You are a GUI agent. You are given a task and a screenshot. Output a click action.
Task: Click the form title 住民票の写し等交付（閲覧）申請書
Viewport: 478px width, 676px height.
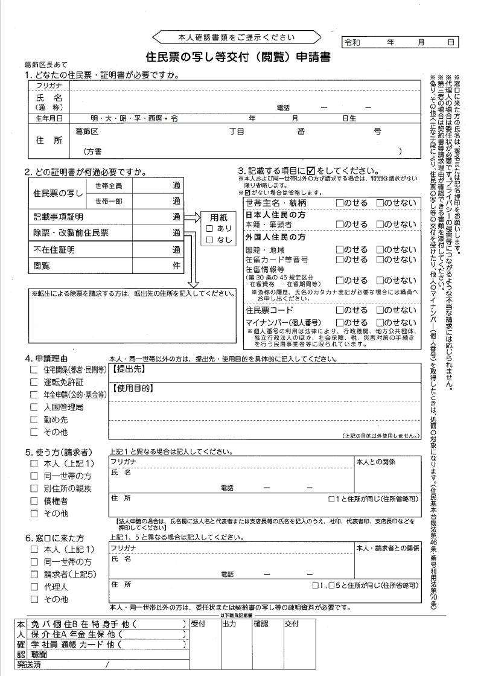point(238,57)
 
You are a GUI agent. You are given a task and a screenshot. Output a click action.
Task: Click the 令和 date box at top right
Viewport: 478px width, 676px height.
point(400,42)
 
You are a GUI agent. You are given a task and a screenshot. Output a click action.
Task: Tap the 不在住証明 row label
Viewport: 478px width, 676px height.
point(54,249)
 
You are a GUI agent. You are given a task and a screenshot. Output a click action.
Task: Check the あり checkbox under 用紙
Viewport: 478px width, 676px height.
point(209,229)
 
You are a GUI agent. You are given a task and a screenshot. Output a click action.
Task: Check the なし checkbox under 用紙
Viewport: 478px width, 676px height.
point(209,240)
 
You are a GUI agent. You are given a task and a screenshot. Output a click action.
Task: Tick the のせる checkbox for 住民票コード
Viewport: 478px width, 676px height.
point(340,310)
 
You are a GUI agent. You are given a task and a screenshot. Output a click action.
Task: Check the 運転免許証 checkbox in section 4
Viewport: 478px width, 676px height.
point(34,382)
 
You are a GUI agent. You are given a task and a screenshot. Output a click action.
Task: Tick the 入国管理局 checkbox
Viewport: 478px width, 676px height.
point(34,407)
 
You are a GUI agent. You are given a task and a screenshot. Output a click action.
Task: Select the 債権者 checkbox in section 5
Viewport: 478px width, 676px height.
point(34,501)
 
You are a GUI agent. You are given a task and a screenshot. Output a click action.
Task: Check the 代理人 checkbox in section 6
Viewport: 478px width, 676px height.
point(34,586)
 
